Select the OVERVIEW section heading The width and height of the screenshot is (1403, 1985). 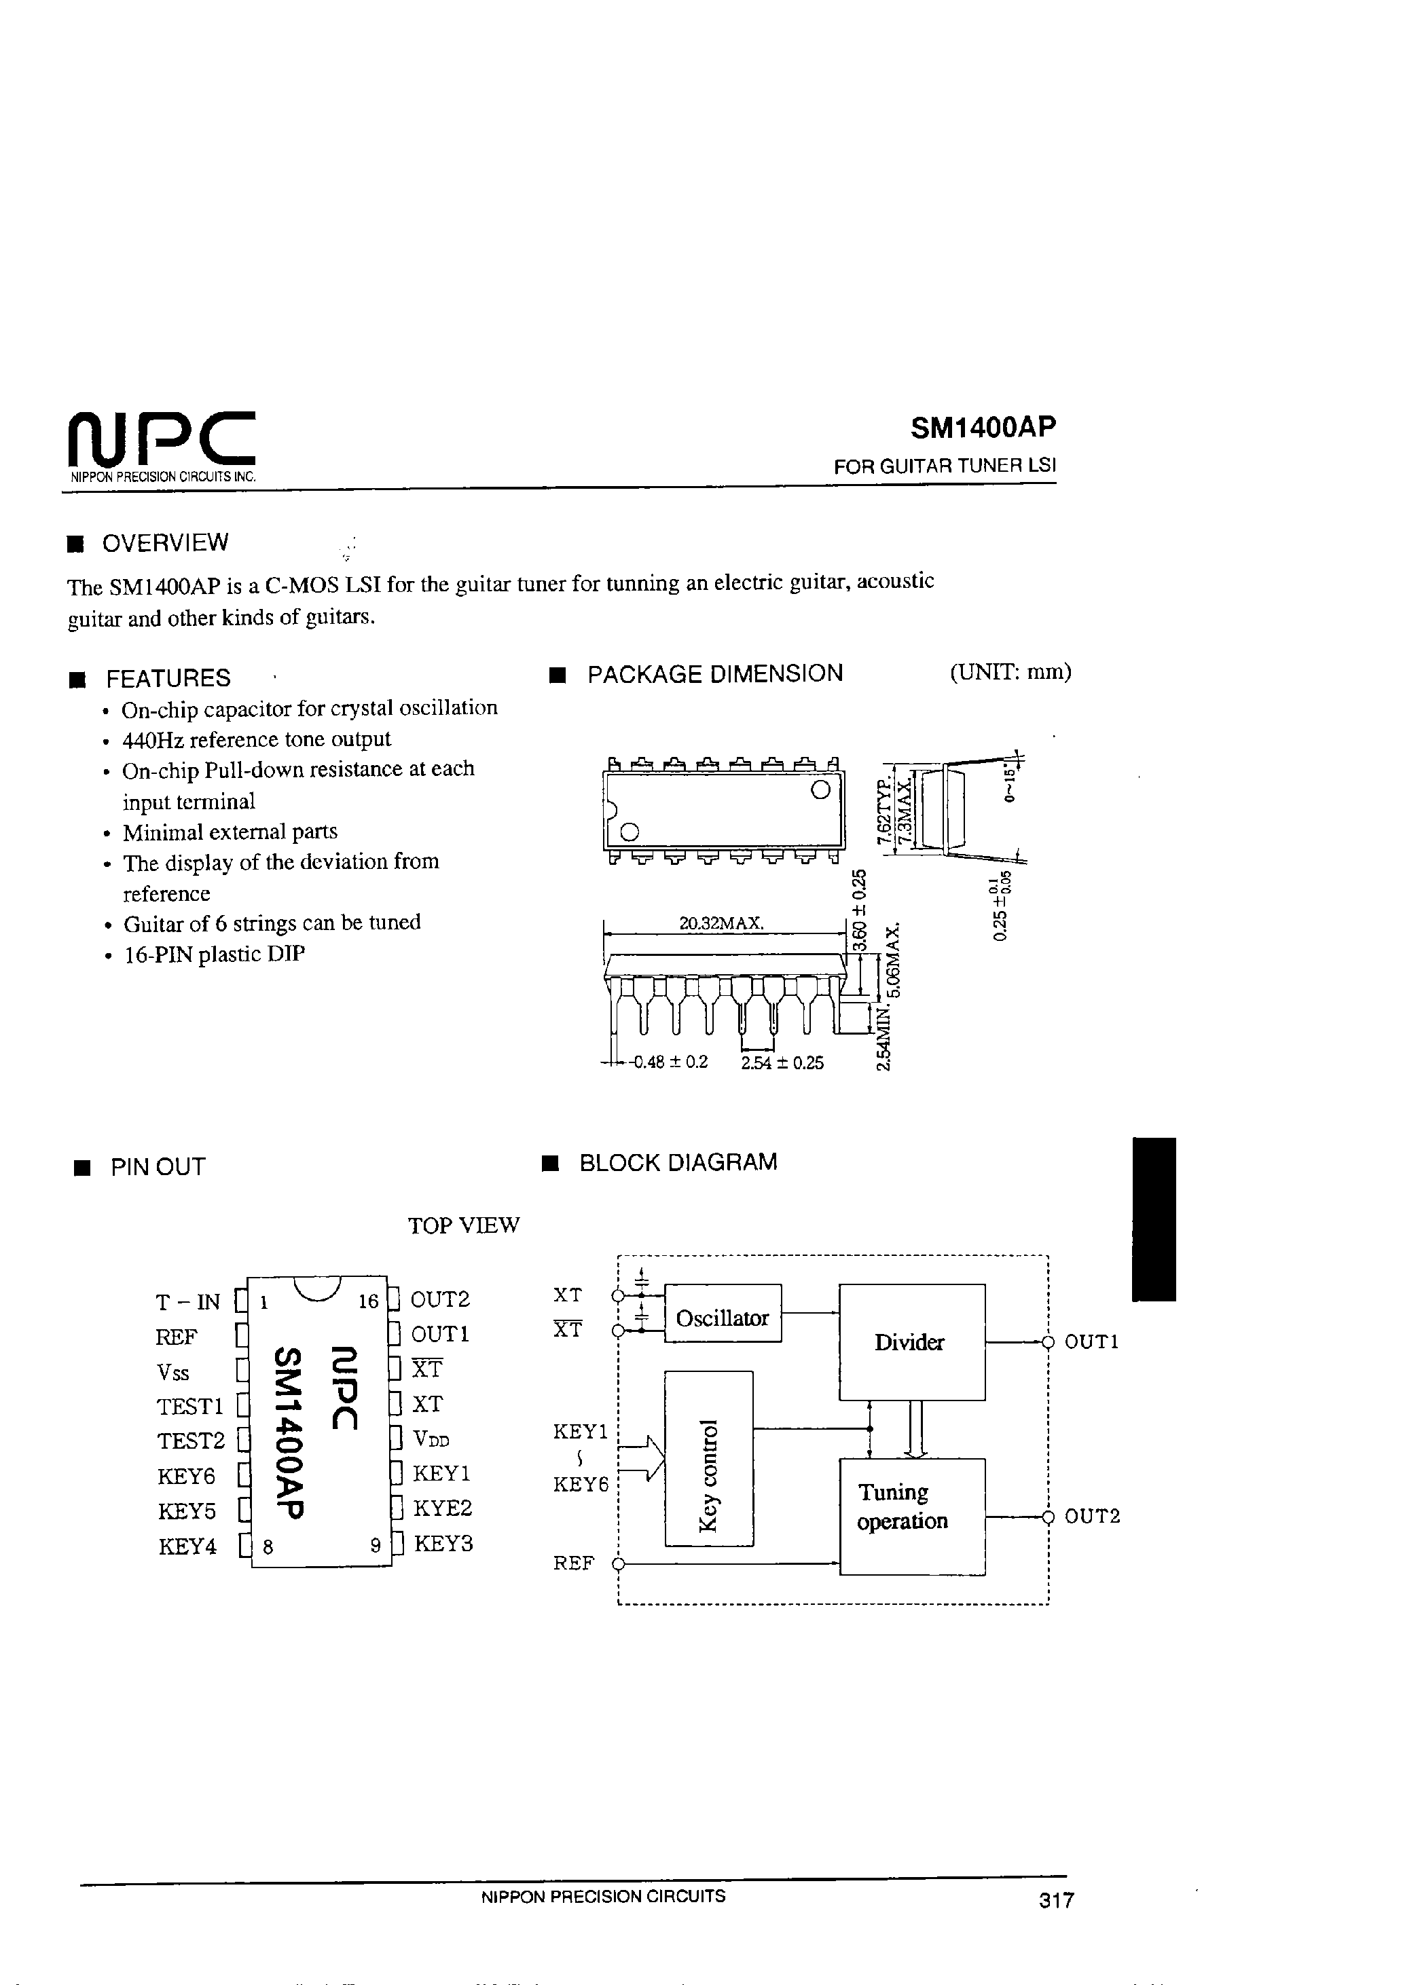pyautogui.click(x=165, y=543)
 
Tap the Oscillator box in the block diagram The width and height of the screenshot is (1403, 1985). pyautogui.click(x=723, y=1318)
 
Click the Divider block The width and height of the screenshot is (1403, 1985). pyautogui.click(x=911, y=1342)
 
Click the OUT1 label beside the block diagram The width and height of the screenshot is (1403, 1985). pyautogui.click(x=1091, y=1342)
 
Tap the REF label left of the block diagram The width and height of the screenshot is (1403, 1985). pyautogui.click(x=573, y=1563)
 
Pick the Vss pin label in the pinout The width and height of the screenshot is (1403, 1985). pyautogui.click(x=173, y=1373)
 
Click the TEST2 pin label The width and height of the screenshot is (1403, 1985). pyautogui.click(x=190, y=1441)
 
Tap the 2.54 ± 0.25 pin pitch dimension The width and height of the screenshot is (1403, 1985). pyautogui.click(x=782, y=1062)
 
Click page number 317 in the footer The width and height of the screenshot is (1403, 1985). pyautogui.click(x=1056, y=1900)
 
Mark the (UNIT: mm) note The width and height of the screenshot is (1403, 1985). pyautogui.click(x=1010, y=672)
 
